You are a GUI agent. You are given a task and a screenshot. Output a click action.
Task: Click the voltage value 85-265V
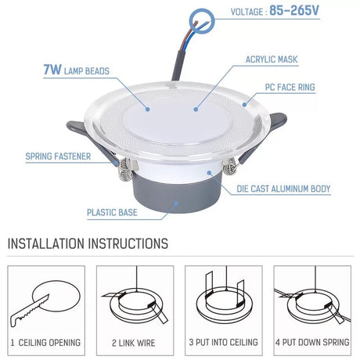(x=294, y=11)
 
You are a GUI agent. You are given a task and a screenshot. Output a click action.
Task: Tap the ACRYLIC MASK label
(x=272, y=59)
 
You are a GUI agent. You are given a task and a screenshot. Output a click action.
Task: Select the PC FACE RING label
(x=290, y=87)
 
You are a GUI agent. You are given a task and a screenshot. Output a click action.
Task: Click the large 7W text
(x=52, y=70)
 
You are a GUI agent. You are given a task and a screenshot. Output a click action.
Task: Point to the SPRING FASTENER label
(x=58, y=157)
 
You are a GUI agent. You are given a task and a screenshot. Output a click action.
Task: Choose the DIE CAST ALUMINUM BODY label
(x=283, y=189)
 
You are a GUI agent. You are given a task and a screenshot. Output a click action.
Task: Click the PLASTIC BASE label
(x=112, y=212)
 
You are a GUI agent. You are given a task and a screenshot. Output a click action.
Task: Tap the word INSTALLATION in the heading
(x=46, y=243)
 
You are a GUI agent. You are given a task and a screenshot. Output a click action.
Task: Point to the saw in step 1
(x=29, y=311)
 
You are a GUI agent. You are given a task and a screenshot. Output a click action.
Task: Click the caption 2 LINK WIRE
(x=134, y=343)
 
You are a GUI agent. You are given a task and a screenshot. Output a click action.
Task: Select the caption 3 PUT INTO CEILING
(x=224, y=342)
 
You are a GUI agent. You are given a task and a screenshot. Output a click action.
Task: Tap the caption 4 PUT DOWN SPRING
(x=312, y=342)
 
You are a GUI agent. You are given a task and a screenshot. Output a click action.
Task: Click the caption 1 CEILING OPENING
(x=45, y=343)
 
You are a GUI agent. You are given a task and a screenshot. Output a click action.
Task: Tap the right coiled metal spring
(x=230, y=167)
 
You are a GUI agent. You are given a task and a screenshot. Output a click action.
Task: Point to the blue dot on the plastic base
(x=176, y=203)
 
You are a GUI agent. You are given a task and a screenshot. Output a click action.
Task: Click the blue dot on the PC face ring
(x=244, y=104)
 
